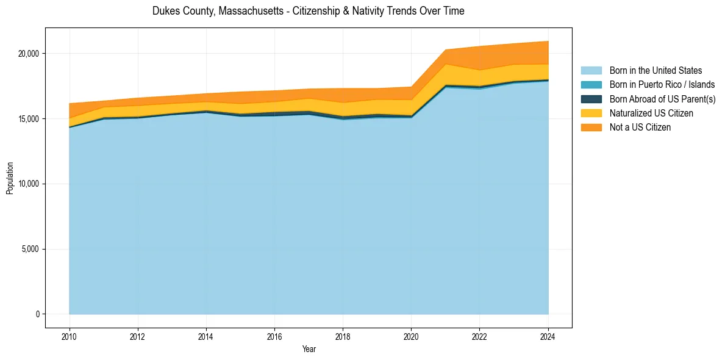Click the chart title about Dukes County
pyautogui.click(x=308, y=11)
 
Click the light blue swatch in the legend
pyautogui.click(x=591, y=71)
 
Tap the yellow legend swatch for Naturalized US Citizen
pyautogui.click(x=591, y=113)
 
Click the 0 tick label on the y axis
pyautogui.click(x=37, y=314)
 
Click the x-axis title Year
pyautogui.click(x=309, y=349)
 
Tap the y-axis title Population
pyautogui.click(x=10, y=178)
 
